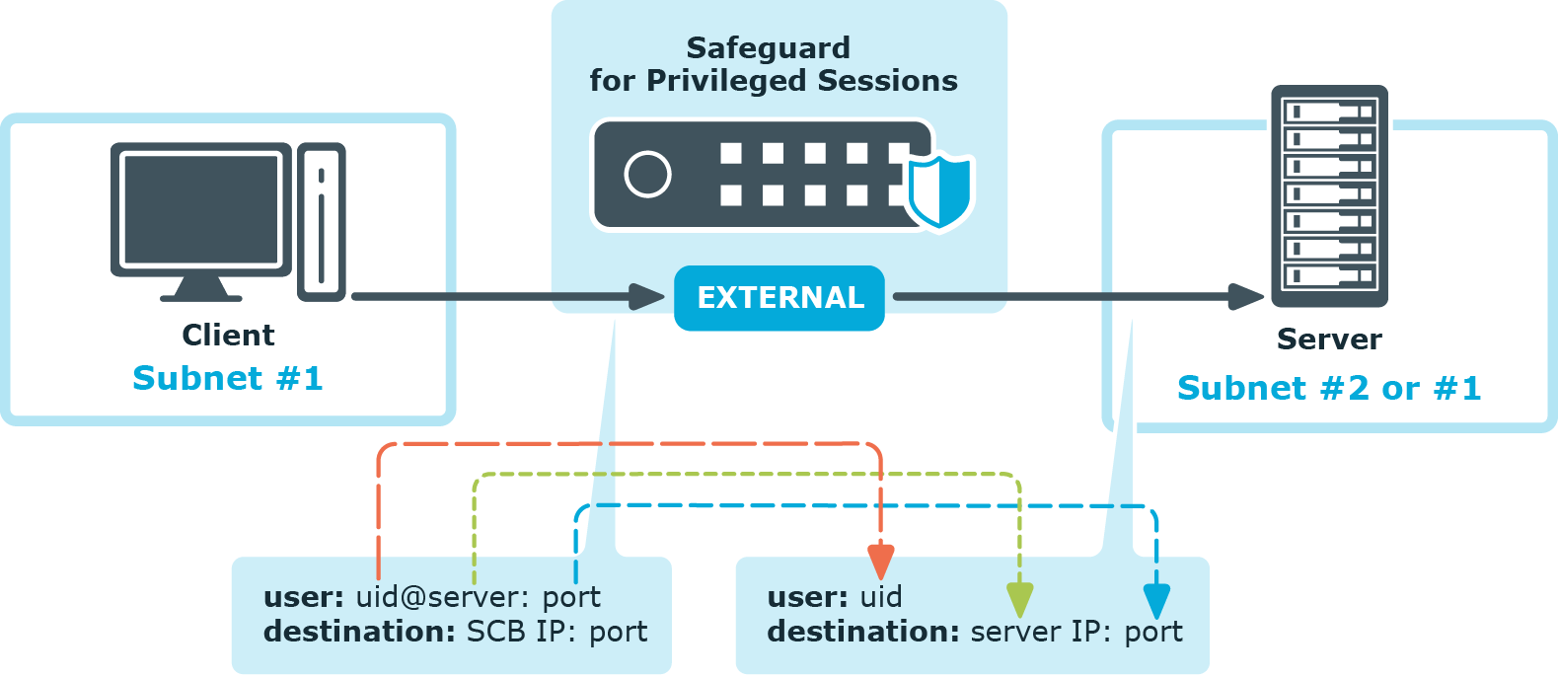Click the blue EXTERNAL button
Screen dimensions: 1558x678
coord(779,298)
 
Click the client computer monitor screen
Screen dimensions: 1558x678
coord(201,209)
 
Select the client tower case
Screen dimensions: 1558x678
coord(322,222)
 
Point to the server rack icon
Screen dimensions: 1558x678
coord(1329,196)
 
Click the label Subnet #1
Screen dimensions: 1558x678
coord(228,378)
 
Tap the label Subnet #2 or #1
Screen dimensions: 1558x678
coord(1329,388)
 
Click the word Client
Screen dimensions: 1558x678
coord(228,336)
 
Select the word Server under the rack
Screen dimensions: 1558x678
coord(1329,339)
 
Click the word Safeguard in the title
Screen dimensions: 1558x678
coord(768,48)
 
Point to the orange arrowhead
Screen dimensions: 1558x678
coord(880,562)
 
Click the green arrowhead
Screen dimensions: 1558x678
coord(1019,600)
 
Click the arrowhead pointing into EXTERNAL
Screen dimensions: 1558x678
coord(647,297)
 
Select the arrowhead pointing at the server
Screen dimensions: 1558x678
coord(1246,297)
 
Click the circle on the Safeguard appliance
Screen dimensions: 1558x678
coord(647,175)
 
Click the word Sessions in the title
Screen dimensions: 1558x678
coord(887,81)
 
